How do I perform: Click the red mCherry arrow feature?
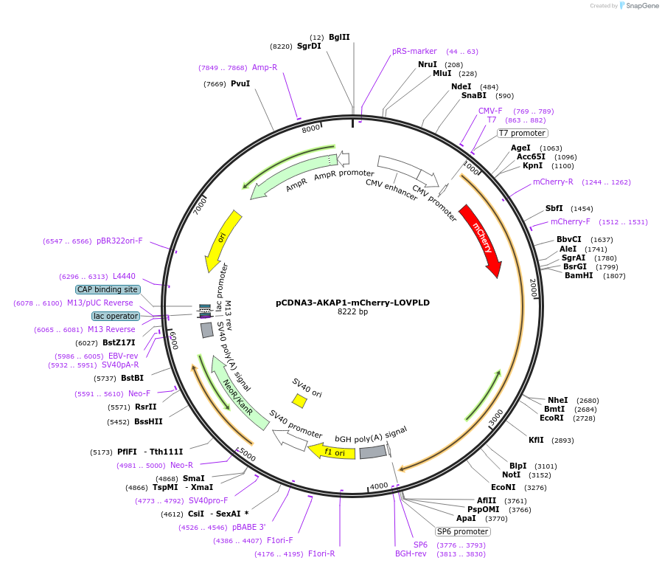point(481,240)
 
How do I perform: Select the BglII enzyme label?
point(339,37)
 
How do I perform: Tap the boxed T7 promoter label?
point(522,134)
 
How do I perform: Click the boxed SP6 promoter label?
point(462,531)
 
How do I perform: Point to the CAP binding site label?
point(107,289)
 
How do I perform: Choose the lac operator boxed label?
point(116,316)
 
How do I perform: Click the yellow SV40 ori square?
point(299,401)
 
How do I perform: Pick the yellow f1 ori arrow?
point(326,451)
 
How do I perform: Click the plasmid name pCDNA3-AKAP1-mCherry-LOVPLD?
point(352,303)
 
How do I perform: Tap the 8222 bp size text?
point(352,312)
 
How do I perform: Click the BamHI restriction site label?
point(579,276)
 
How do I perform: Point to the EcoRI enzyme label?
point(551,418)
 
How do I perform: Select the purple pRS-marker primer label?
point(414,52)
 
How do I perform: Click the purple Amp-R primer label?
point(265,67)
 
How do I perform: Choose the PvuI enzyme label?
point(240,83)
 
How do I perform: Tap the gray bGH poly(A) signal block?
point(373,451)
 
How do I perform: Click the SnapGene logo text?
point(639,6)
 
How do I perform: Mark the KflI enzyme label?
point(536,440)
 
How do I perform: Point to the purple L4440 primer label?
point(124,276)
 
